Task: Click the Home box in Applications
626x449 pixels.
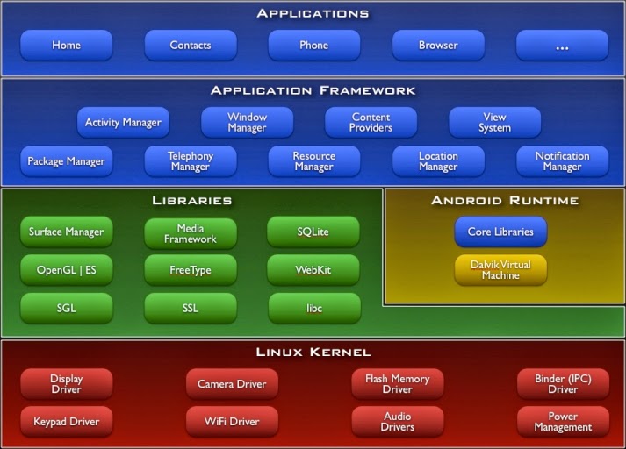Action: click(67, 46)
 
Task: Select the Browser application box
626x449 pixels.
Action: click(438, 46)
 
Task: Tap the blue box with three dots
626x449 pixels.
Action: click(562, 46)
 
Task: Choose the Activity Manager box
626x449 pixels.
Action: click(123, 123)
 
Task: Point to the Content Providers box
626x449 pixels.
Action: click(371, 123)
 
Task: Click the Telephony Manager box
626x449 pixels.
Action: click(191, 161)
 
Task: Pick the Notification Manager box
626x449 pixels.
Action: click(562, 161)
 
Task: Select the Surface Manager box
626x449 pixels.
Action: click(67, 232)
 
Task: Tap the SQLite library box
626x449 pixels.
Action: click(313, 232)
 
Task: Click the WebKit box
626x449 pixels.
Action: click(313, 270)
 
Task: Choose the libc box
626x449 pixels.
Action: click(313, 309)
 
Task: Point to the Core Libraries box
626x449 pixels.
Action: click(500, 232)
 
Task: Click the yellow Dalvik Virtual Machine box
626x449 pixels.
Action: click(500, 270)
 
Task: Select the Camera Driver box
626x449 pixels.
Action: click(232, 384)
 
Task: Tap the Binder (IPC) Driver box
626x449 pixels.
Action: click(563, 384)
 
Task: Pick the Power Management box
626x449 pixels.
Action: click(563, 422)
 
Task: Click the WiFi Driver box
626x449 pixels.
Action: click(232, 422)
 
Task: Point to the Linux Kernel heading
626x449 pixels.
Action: click(313, 353)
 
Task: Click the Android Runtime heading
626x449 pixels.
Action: click(505, 201)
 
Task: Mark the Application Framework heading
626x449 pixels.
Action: click(313, 90)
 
